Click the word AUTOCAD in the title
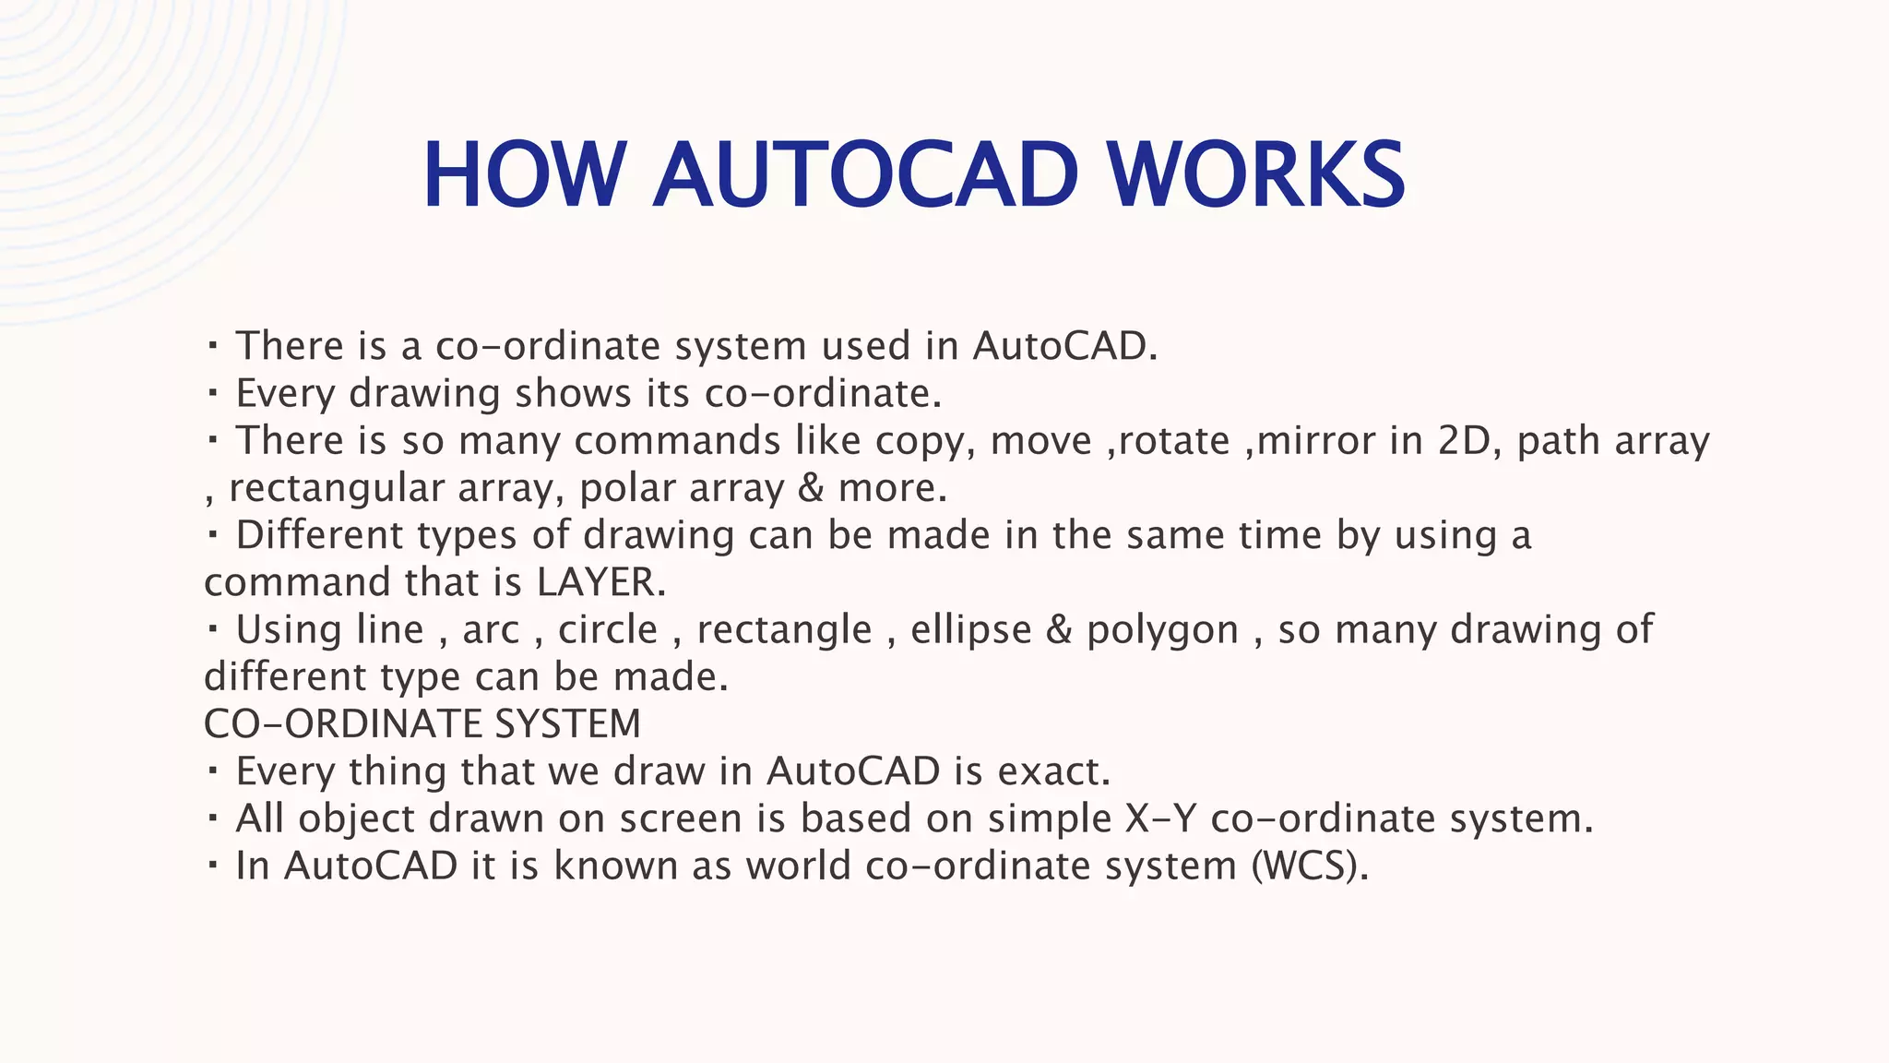click(865, 175)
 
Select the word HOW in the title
click(524, 175)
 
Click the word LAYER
click(600, 582)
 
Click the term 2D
click(1464, 441)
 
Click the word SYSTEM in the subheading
click(567, 724)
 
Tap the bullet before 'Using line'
click(212, 630)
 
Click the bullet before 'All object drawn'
click(212, 818)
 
